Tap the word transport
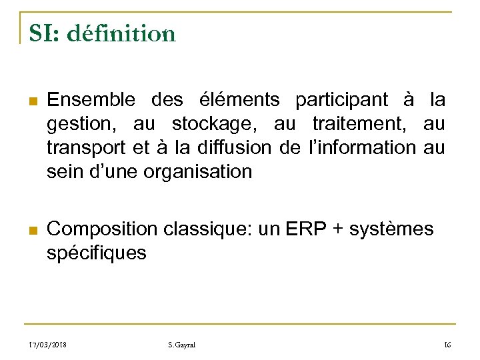pyautogui.click(x=85, y=147)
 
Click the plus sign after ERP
pyautogui.click(x=339, y=229)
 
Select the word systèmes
pyautogui.click(x=393, y=229)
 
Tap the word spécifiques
pyautogui.click(x=97, y=253)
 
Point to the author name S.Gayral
pyautogui.click(x=182, y=345)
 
